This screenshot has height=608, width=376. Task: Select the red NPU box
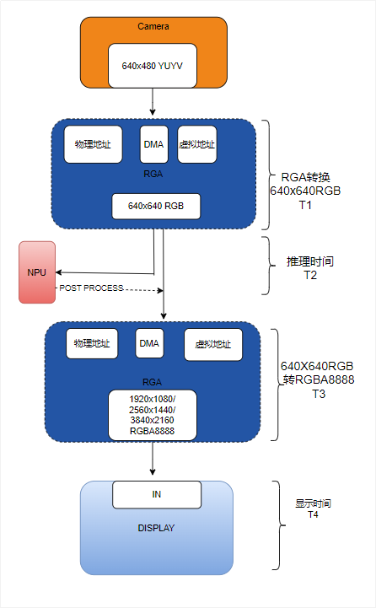[x=37, y=272]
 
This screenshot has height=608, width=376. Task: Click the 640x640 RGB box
[x=156, y=206]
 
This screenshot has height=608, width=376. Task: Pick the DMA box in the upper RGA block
[x=153, y=144]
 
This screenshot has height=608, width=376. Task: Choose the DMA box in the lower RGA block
[x=149, y=343]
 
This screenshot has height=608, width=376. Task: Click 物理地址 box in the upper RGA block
[x=93, y=144]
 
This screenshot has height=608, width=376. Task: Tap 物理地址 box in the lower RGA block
[x=93, y=343]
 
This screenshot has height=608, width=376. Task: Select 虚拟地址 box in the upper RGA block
[x=197, y=144]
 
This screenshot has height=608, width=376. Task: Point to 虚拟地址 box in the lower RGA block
[x=212, y=344]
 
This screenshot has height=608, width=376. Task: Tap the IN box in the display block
[x=157, y=494]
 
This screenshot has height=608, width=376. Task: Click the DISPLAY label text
[x=156, y=529]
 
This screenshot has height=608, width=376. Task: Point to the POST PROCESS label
[x=91, y=288]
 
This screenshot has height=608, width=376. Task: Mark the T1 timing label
[x=305, y=205]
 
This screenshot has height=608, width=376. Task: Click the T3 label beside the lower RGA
[x=319, y=394]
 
